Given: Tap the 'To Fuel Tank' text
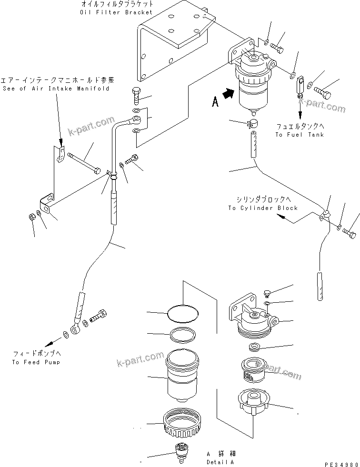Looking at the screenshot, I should click(299, 135).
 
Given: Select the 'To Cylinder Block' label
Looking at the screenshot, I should click(262, 208).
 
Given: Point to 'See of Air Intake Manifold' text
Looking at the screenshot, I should click(56, 89).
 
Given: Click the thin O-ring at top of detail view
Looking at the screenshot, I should click(183, 313).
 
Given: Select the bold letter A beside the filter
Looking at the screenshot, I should click(215, 102).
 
